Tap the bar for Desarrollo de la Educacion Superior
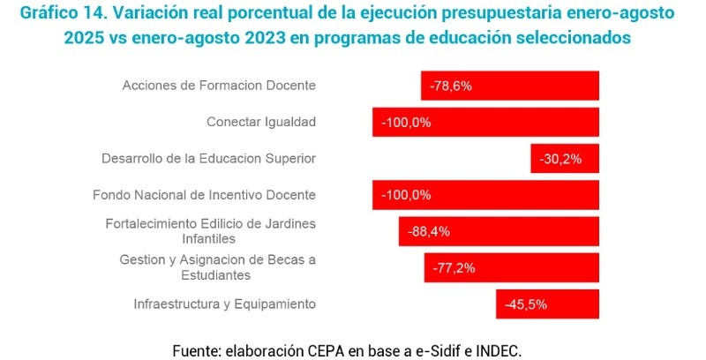(x=565, y=159)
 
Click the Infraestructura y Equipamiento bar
(x=547, y=304)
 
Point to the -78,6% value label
(x=451, y=86)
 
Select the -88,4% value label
(x=429, y=232)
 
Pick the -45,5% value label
(x=526, y=304)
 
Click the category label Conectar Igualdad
(x=261, y=122)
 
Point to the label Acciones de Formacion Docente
(x=219, y=86)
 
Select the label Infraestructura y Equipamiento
(x=224, y=304)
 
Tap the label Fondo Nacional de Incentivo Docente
(x=204, y=195)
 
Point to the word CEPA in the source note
(x=321, y=349)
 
